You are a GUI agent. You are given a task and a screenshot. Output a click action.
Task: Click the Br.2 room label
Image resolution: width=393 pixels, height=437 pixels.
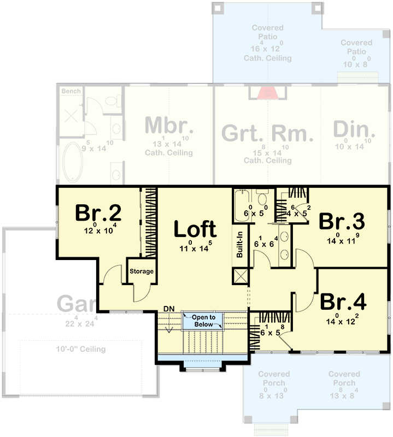[98, 212]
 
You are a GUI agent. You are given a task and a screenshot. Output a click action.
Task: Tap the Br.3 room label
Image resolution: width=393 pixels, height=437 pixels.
[342, 221]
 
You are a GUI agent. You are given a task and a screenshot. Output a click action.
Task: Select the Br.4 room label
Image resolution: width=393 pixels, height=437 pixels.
[343, 302]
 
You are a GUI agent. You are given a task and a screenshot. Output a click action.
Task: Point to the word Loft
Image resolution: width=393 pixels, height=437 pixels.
[195, 229]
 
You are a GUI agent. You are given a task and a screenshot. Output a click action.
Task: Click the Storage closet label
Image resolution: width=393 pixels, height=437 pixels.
[141, 271]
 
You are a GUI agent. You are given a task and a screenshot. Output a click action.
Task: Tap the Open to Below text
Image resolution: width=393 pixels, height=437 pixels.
[203, 321]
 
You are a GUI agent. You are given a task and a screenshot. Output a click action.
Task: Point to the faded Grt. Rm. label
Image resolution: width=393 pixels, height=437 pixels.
[267, 133]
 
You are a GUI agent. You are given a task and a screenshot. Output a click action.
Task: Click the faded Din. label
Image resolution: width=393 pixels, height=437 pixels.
[354, 130]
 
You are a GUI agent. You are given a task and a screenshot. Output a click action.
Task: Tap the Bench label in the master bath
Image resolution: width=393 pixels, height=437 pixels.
[71, 91]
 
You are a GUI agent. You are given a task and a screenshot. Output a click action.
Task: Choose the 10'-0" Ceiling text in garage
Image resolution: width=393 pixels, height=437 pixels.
[80, 349]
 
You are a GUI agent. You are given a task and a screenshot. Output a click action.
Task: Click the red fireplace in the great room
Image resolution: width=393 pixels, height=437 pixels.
[267, 92]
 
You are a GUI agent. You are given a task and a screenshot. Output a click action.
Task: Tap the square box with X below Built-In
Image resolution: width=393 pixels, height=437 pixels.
[240, 276]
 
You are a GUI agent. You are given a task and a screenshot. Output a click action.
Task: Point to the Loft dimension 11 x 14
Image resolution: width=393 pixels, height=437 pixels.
[195, 249]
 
